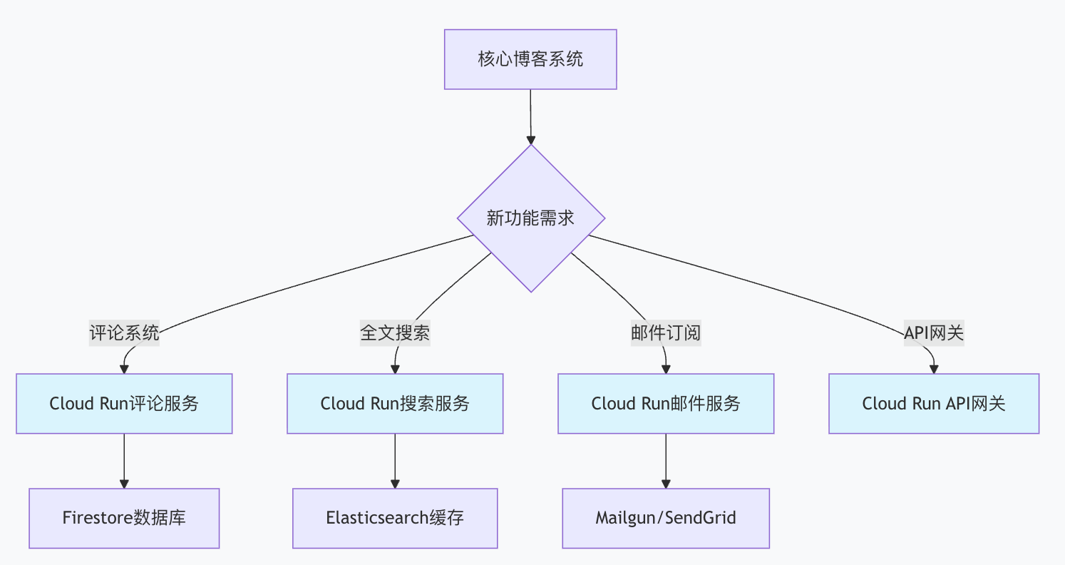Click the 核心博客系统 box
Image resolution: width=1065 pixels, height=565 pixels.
tap(530, 59)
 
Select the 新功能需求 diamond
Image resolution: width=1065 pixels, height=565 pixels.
tap(531, 218)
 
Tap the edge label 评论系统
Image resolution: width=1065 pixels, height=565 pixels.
tap(124, 333)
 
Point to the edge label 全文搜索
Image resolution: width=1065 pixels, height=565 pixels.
tap(395, 333)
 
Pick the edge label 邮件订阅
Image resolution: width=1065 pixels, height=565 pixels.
tap(666, 333)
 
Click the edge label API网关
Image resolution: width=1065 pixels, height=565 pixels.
tap(934, 333)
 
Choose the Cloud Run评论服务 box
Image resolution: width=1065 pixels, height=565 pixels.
tap(124, 404)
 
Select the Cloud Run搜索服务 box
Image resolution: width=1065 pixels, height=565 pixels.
tap(395, 404)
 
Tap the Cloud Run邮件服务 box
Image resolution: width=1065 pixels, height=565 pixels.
tap(666, 404)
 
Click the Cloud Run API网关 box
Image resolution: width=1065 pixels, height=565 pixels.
tap(934, 404)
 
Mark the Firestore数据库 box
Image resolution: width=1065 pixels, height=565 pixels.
tap(124, 518)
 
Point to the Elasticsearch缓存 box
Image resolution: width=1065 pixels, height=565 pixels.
tap(395, 518)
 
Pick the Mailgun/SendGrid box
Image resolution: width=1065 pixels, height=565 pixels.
tap(666, 518)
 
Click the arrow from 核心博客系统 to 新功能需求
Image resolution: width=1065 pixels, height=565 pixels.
tap(530, 114)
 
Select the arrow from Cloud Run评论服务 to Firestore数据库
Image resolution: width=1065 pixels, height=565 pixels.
tap(124, 460)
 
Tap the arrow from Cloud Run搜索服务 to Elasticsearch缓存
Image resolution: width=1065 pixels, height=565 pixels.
tap(395, 460)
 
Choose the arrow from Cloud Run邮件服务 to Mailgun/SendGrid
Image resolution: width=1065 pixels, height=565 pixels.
tap(666, 460)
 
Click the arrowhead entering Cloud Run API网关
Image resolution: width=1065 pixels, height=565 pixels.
tap(934, 369)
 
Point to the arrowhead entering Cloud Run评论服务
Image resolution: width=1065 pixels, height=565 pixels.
tap(124, 369)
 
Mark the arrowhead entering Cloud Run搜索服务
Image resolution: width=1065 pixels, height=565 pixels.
tap(395, 369)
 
